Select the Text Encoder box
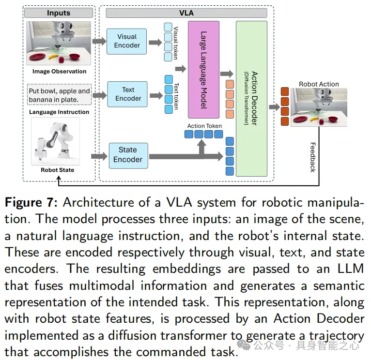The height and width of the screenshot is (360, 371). point(128,94)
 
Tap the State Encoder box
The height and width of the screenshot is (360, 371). point(127,155)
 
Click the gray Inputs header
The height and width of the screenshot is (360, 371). point(58,13)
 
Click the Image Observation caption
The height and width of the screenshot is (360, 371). point(59,72)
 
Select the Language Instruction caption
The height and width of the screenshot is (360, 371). point(59,112)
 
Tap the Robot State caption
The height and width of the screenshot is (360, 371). point(58,170)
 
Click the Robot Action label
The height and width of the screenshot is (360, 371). point(319,84)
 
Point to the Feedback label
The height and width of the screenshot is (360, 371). point(312,157)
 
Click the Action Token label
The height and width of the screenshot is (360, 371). point(205,126)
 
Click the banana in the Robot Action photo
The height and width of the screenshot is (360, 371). point(315,119)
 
